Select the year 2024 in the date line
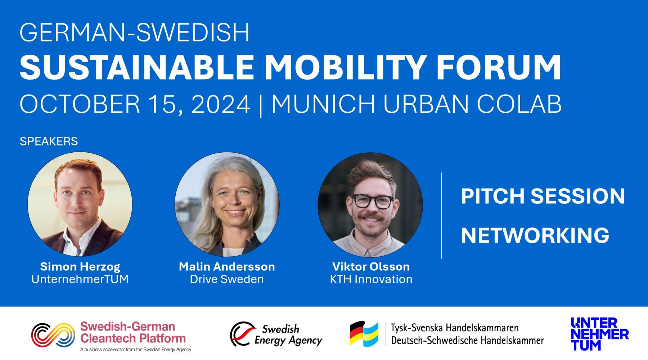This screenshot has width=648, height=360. point(221,104)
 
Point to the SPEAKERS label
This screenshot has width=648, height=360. point(49,141)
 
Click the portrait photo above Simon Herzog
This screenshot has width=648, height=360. point(80,204)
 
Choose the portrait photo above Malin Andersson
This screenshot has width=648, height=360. point(227,204)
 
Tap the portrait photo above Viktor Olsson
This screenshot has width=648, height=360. point(370,205)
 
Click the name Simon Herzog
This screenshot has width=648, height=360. point(80,267)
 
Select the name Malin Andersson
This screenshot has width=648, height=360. point(227,267)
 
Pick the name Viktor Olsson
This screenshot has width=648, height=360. point(371,267)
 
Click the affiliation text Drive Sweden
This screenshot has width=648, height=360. point(227,279)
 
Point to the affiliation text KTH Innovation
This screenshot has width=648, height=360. point(371,279)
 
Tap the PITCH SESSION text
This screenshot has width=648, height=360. point(543,196)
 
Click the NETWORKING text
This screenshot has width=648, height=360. point(535,235)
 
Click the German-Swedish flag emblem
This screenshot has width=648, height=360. point(364,334)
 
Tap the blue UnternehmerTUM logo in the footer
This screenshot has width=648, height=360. point(600,334)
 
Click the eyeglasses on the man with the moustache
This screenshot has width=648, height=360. point(373,202)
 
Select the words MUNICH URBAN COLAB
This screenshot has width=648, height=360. point(417,104)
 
